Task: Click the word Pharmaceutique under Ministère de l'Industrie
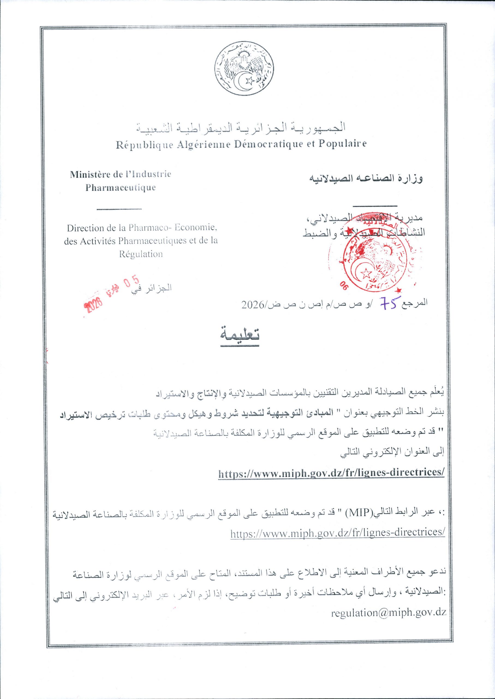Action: pyautogui.click(x=120, y=187)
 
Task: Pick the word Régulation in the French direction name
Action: pyautogui.click(x=141, y=254)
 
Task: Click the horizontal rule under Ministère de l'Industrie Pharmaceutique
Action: pyautogui.click(x=119, y=209)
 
